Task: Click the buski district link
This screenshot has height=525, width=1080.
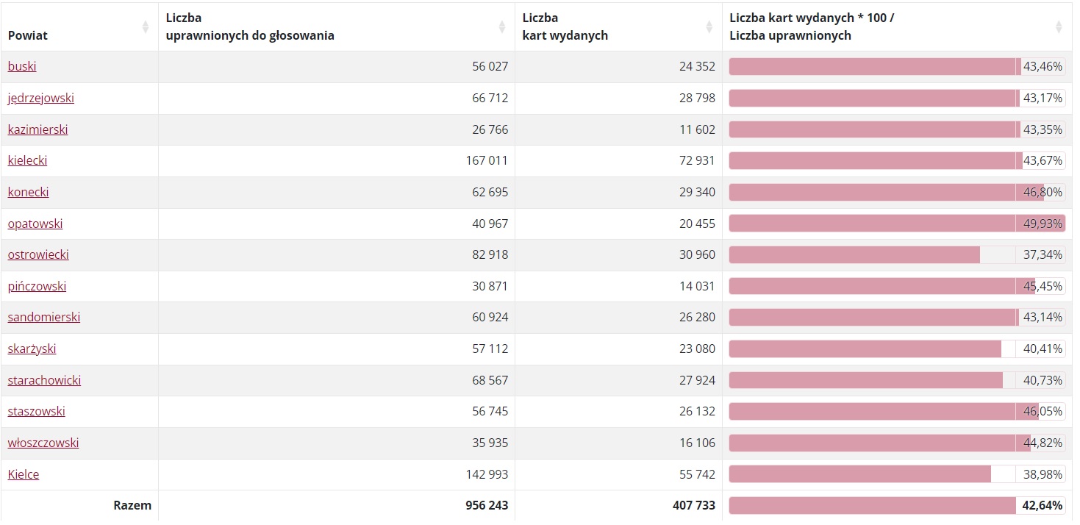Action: (22, 67)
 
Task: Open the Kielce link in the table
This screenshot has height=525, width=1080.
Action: (24, 475)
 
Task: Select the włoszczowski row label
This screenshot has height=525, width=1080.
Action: (43, 443)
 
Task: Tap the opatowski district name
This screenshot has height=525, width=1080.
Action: (35, 224)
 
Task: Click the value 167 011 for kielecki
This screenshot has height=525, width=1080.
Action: (487, 161)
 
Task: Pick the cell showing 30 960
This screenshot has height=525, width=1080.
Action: (697, 255)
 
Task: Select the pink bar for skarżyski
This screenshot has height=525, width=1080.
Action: (865, 349)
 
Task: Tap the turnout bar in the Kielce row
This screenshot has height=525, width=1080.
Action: (859, 475)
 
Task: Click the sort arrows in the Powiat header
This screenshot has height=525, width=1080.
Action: (145, 27)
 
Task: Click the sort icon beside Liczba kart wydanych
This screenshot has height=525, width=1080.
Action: (709, 27)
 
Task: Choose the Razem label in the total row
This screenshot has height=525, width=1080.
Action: (132, 506)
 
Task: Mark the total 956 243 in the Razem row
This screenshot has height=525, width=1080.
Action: (487, 506)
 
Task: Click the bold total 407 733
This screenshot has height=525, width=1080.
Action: (694, 506)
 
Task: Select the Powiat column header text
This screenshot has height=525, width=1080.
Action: (28, 35)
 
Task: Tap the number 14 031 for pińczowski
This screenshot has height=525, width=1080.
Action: (697, 287)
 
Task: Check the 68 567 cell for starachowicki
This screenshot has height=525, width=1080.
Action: (490, 381)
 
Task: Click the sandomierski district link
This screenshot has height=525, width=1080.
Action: (44, 318)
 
